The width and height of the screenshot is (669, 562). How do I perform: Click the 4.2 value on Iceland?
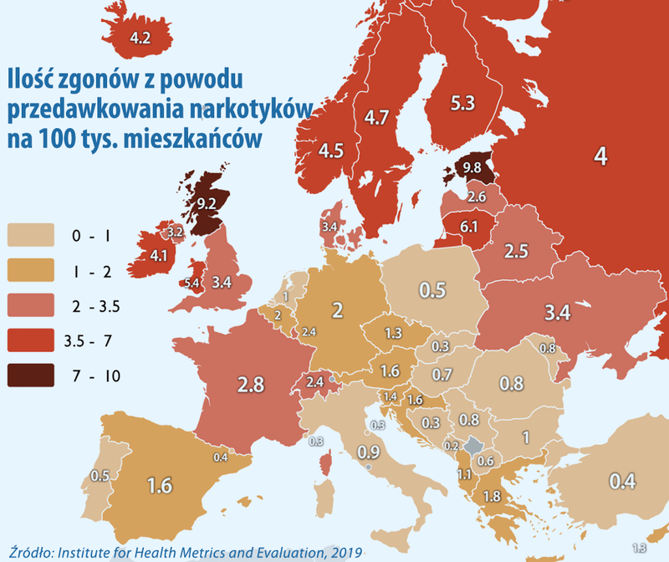coord(139,38)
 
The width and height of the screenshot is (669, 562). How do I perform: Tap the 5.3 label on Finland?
coord(462,105)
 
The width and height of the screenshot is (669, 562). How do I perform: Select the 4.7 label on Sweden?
coord(378,118)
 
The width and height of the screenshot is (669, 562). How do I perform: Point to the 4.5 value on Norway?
coord(332,151)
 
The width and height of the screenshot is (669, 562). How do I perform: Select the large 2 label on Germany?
coord(338,311)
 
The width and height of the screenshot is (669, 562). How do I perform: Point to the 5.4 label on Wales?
coord(191,284)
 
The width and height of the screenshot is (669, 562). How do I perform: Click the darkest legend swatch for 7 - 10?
coord(30,376)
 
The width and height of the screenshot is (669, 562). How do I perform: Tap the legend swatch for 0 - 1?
coord(30,236)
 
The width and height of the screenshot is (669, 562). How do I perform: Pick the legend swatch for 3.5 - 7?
coord(30,341)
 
